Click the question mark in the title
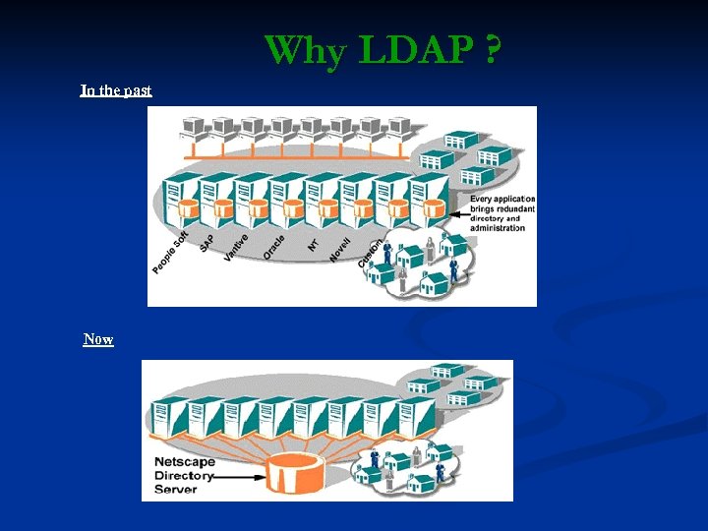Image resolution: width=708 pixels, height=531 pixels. tap(489, 49)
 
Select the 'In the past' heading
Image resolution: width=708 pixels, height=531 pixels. tap(116, 90)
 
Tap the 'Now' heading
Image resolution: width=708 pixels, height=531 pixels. tap(98, 339)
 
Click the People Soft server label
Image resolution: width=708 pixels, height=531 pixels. tap(170, 253)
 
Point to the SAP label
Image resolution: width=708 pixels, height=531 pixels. tap(206, 241)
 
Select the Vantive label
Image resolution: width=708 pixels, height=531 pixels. tap(235, 246)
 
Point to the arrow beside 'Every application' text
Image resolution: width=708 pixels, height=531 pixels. tap(459, 210)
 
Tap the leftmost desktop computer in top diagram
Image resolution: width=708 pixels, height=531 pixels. tap(192, 127)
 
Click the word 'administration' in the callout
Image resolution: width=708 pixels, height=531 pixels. tap(498, 228)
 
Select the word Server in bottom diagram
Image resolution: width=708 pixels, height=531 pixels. tap(176, 489)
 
